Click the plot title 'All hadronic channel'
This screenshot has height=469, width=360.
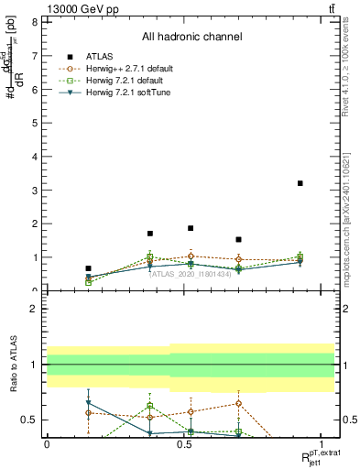pos(191,38)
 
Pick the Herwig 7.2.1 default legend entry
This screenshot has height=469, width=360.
pos(127,81)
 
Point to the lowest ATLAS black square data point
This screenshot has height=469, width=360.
pos(88,268)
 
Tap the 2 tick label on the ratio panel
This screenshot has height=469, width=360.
pos(34,309)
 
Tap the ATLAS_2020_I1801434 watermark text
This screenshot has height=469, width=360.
pos(191,274)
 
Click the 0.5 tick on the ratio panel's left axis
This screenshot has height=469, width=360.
pos(30,420)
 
